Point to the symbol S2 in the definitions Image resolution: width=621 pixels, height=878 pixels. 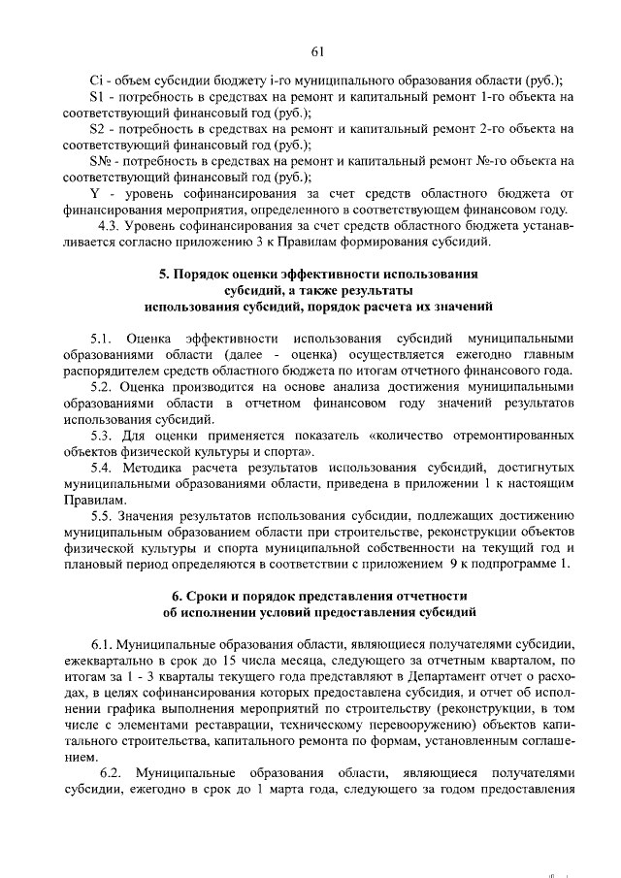(96, 129)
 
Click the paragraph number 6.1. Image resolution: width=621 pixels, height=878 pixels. (104, 645)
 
